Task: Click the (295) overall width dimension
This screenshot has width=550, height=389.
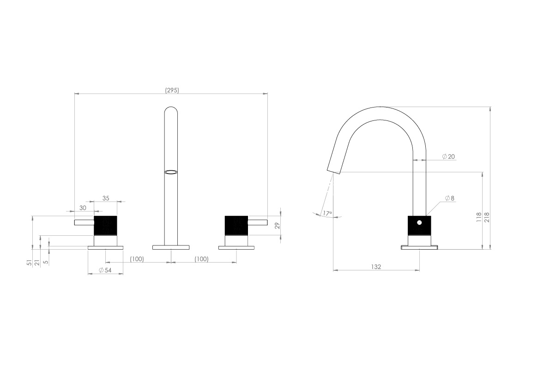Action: coord(172,90)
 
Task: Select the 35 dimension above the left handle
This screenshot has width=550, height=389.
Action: coord(106,198)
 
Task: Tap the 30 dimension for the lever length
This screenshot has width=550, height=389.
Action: coord(83,208)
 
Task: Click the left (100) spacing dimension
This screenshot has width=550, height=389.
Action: coord(137,259)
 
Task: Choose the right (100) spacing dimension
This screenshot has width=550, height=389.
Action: coord(201,259)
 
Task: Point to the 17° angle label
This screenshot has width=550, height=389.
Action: coord(327,214)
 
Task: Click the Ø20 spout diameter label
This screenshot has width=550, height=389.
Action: coord(448,156)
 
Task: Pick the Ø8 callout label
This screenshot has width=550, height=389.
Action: coord(450,198)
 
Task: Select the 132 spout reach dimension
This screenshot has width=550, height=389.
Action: coord(376,267)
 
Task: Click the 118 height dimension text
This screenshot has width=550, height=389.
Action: coord(479,217)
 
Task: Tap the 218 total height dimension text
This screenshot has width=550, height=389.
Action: coord(487,217)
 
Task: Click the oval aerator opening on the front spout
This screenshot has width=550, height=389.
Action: coord(171,173)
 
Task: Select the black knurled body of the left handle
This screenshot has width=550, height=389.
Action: coord(105,226)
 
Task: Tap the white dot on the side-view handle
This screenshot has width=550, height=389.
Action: coord(419,222)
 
